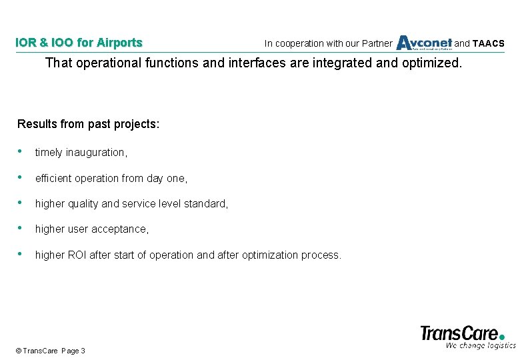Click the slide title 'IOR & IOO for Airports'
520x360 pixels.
click(x=79, y=43)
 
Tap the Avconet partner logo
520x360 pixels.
click(x=424, y=43)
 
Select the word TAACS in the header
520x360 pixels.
click(x=489, y=44)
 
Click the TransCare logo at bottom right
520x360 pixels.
click(x=463, y=332)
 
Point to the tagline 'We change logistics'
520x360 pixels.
click(x=480, y=345)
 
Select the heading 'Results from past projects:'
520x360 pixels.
click(x=88, y=124)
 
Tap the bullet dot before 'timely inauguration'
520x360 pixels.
click(x=23, y=152)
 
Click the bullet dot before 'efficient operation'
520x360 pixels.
click(x=23, y=177)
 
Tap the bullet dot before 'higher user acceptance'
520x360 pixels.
click(x=23, y=229)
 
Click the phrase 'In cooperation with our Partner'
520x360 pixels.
click(x=328, y=44)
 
